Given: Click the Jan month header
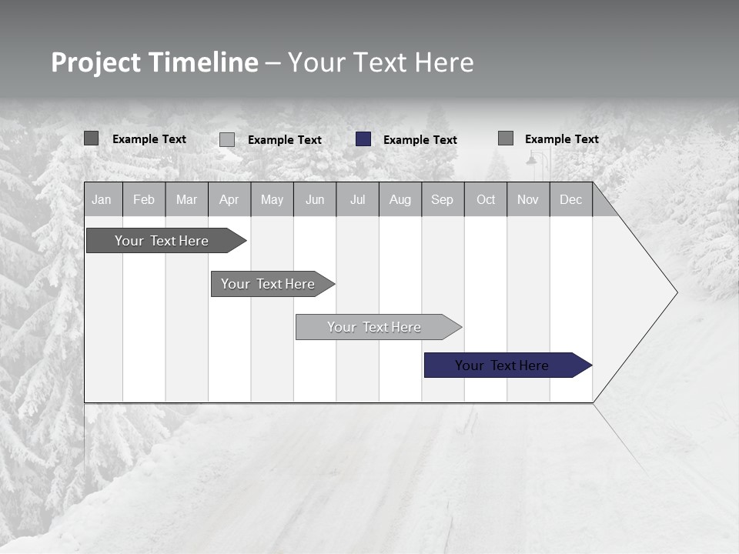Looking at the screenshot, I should (x=102, y=199).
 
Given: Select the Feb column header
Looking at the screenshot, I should (x=144, y=199).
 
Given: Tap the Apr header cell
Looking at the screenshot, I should (x=229, y=199).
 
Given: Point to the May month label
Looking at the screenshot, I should (x=272, y=199).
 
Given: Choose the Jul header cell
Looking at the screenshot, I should (x=357, y=199).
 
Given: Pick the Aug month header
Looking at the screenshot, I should (x=400, y=199).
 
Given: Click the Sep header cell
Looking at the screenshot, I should (x=443, y=199).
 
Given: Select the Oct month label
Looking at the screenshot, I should (x=486, y=199).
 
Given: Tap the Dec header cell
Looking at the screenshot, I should (x=571, y=199).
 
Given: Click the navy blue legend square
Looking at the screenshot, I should (x=363, y=139).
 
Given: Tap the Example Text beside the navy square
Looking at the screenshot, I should (x=420, y=140).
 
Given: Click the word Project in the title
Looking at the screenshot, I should (x=96, y=63).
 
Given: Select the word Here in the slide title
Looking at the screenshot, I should (x=444, y=63).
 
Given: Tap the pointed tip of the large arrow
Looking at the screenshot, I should (x=675, y=292).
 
